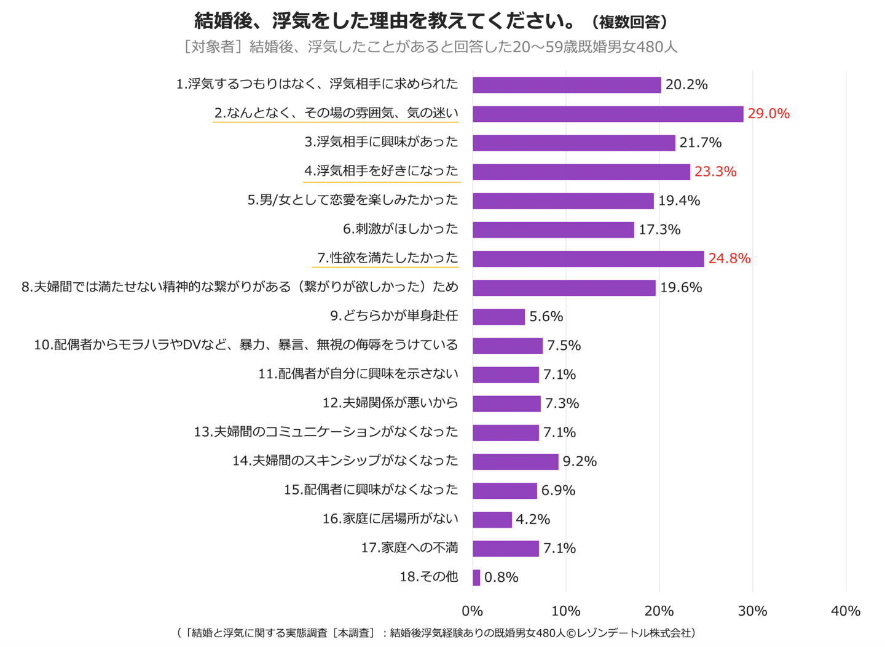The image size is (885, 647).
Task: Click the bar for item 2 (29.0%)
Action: [x=607, y=114]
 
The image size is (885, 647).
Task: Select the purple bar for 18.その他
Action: [x=476, y=578]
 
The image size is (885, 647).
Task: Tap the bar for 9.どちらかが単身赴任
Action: [x=498, y=317]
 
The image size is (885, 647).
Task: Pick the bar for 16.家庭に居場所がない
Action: [x=492, y=520]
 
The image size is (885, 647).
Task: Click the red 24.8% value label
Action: [x=729, y=258]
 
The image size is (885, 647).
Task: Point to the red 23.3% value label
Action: [x=715, y=172]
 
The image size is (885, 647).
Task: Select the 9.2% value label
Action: [x=580, y=461]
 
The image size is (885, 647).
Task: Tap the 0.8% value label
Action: [x=501, y=578]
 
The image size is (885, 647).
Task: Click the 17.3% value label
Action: [x=659, y=229]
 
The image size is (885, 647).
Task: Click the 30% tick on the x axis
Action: [x=752, y=611]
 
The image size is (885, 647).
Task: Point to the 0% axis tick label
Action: [x=472, y=611]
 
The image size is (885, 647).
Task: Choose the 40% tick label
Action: [x=845, y=611]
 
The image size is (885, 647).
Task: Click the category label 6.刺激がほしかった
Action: [x=400, y=229]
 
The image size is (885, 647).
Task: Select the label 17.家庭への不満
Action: [x=409, y=547]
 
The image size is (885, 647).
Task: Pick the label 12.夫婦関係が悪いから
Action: [x=390, y=403]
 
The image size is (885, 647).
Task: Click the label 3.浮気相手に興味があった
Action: [x=381, y=142]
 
